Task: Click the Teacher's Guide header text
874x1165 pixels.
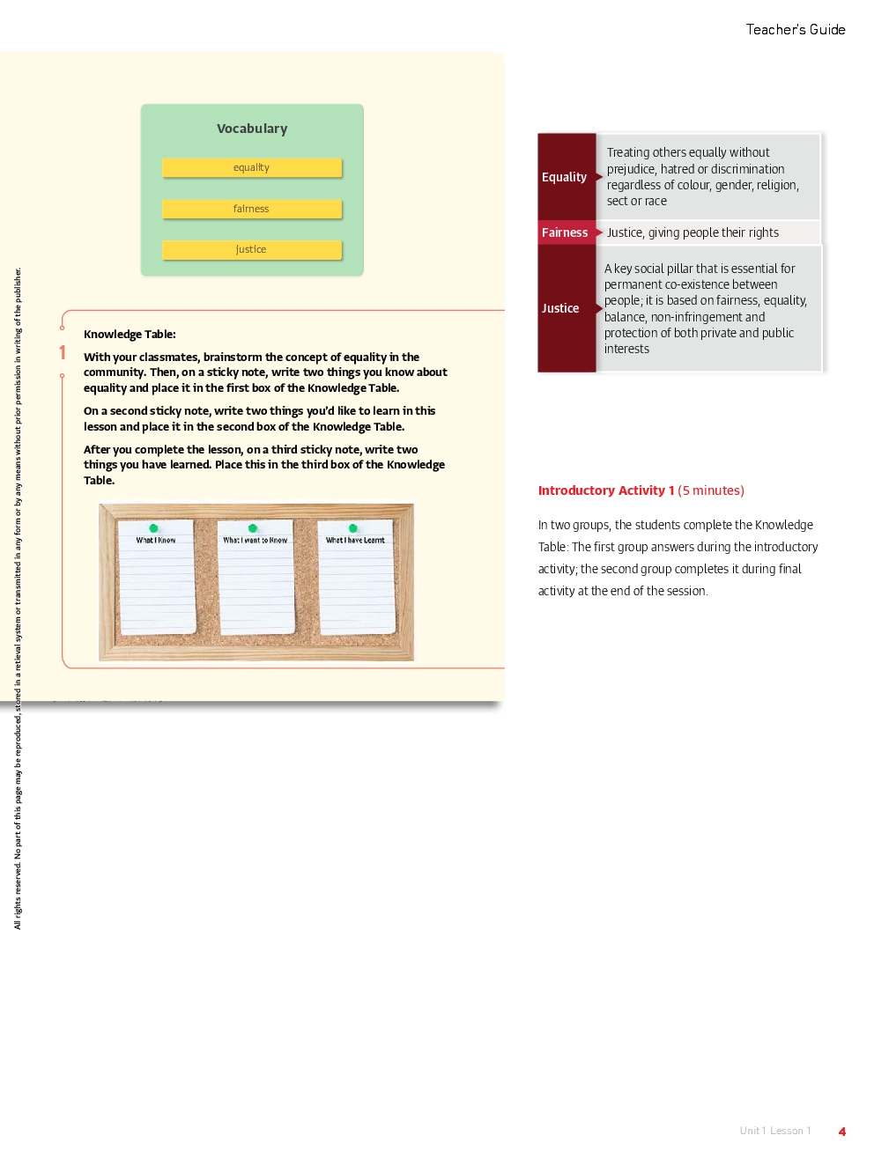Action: point(795,30)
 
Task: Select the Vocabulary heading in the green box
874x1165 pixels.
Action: point(252,129)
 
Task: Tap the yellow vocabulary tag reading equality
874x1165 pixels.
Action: point(251,167)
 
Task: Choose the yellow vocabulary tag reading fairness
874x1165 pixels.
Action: point(251,209)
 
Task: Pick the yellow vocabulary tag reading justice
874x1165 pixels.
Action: point(251,249)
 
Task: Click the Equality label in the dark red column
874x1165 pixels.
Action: point(564,177)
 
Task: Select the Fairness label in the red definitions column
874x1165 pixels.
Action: point(565,232)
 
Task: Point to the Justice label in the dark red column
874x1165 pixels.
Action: point(560,308)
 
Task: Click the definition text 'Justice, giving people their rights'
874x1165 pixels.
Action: point(693,232)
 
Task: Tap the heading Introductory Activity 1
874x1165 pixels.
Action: point(606,490)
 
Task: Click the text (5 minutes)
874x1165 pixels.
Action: point(711,490)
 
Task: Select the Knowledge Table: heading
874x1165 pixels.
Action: point(130,335)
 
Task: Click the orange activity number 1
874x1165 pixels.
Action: point(63,353)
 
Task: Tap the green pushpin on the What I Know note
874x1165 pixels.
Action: point(153,528)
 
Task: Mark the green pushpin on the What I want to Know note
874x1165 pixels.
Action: point(253,528)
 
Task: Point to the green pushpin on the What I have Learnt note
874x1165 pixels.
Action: point(353,528)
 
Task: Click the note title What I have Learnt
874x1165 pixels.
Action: point(355,541)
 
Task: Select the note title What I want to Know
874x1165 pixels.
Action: point(255,541)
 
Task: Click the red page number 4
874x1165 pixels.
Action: point(842,1132)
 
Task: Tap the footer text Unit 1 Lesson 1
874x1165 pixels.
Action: point(775,1131)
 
